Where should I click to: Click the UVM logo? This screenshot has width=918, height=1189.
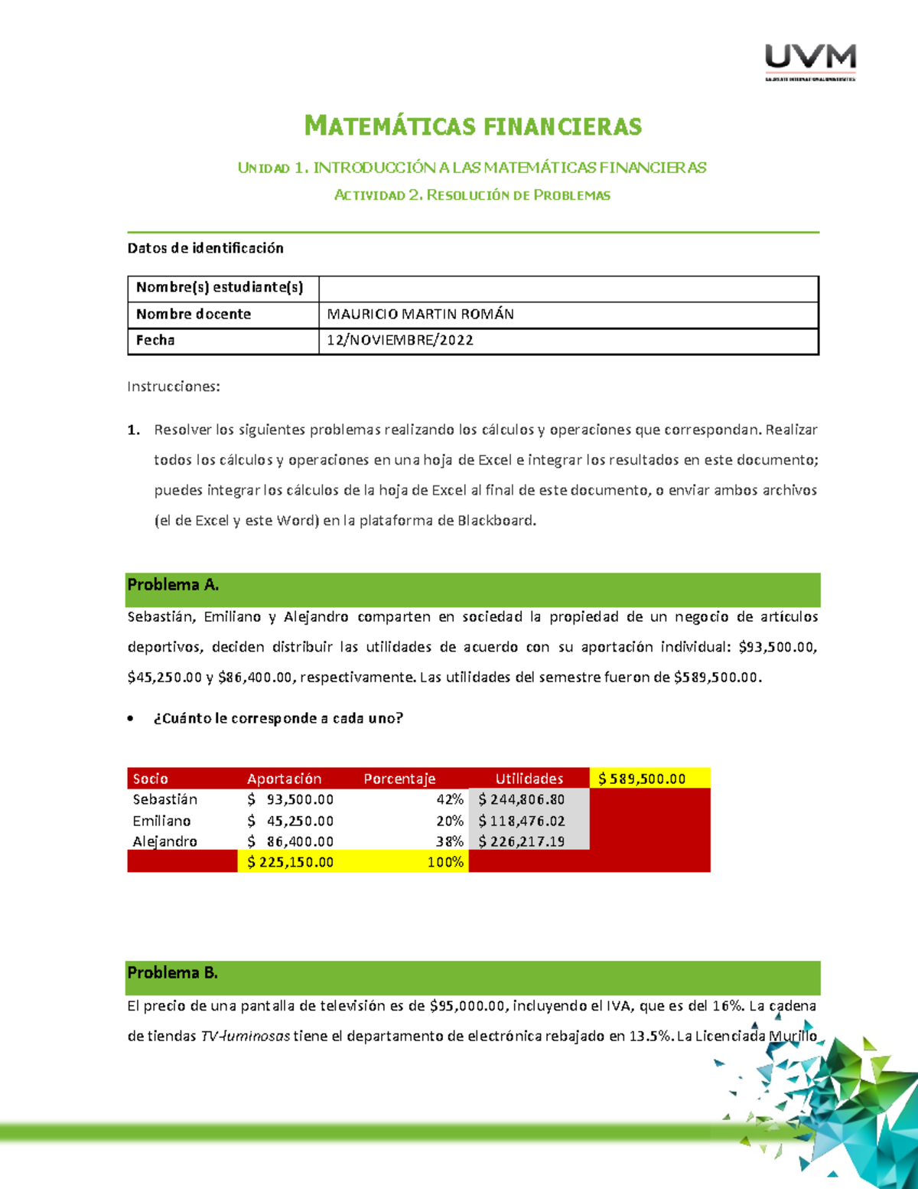click(x=810, y=60)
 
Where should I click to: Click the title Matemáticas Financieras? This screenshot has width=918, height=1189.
click(x=473, y=126)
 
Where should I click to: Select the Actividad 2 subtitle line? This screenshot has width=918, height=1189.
click(x=472, y=195)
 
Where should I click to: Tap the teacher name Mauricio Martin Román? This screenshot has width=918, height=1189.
click(x=420, y=315)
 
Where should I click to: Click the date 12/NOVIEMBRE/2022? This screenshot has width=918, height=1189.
click(x=399, y=341)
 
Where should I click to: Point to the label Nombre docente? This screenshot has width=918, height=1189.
click(x=194, y=315)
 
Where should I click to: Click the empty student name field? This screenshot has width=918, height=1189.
click(x=568, y=289)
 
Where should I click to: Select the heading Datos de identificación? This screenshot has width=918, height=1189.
click(x=205, y=248)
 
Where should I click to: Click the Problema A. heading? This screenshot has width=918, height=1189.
click(x=173, y=586)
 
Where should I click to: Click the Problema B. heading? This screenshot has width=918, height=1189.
click(x=172, y=973)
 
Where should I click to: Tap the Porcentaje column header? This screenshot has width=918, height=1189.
click(x=399, y=779)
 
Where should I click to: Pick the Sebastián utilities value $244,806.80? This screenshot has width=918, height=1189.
click(x=522, y=800)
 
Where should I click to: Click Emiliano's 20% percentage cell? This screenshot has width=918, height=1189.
click(x=450, y=821)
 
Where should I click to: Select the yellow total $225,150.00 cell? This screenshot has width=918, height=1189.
click(x=291, y=862)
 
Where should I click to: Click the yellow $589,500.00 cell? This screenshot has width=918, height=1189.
click(x=642, y=779)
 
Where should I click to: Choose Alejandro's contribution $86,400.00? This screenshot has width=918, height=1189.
click(x=291, y=841)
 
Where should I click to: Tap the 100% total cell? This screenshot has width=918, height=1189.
click(x=445, y=862)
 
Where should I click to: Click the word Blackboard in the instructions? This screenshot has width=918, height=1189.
click(x=496, y=521)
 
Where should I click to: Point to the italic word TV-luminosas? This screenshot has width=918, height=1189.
click(x=245, y=1037)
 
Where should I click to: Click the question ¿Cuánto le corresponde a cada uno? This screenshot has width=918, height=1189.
click(x=278, y=718)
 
